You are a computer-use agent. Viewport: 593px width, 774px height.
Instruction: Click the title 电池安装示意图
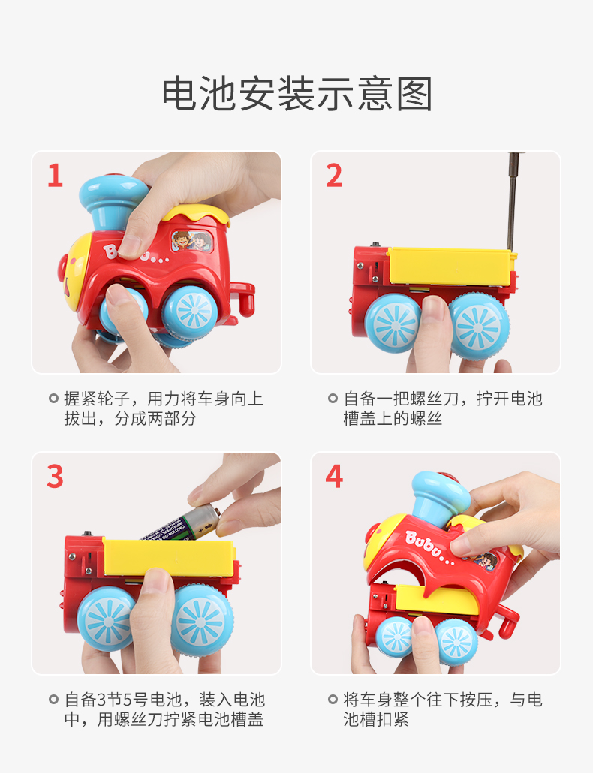297,94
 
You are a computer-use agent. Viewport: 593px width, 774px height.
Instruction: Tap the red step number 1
56,176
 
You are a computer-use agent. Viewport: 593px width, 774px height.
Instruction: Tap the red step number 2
334,176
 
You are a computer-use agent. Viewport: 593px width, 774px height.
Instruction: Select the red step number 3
56,477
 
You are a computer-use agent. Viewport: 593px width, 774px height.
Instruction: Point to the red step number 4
334,477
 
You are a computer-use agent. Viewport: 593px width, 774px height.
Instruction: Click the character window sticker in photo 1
192,242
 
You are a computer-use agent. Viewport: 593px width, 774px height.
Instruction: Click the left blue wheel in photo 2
393,324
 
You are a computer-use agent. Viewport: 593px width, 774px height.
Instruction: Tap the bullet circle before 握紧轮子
54,399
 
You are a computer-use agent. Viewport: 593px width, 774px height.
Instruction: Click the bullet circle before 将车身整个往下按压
333,699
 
